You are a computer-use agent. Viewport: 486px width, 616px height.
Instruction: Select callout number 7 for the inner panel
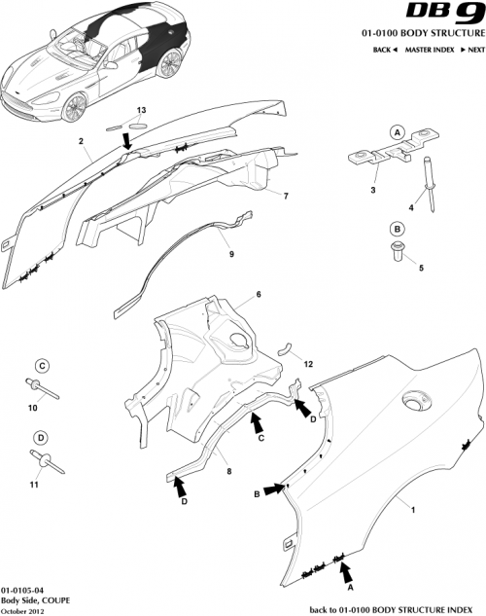(286, 196)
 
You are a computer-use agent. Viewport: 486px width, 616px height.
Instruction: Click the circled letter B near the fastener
(397, 229)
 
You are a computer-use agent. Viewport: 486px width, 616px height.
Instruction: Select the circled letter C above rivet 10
(42, 366)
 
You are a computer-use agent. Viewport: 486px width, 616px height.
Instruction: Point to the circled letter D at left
(42, 437)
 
